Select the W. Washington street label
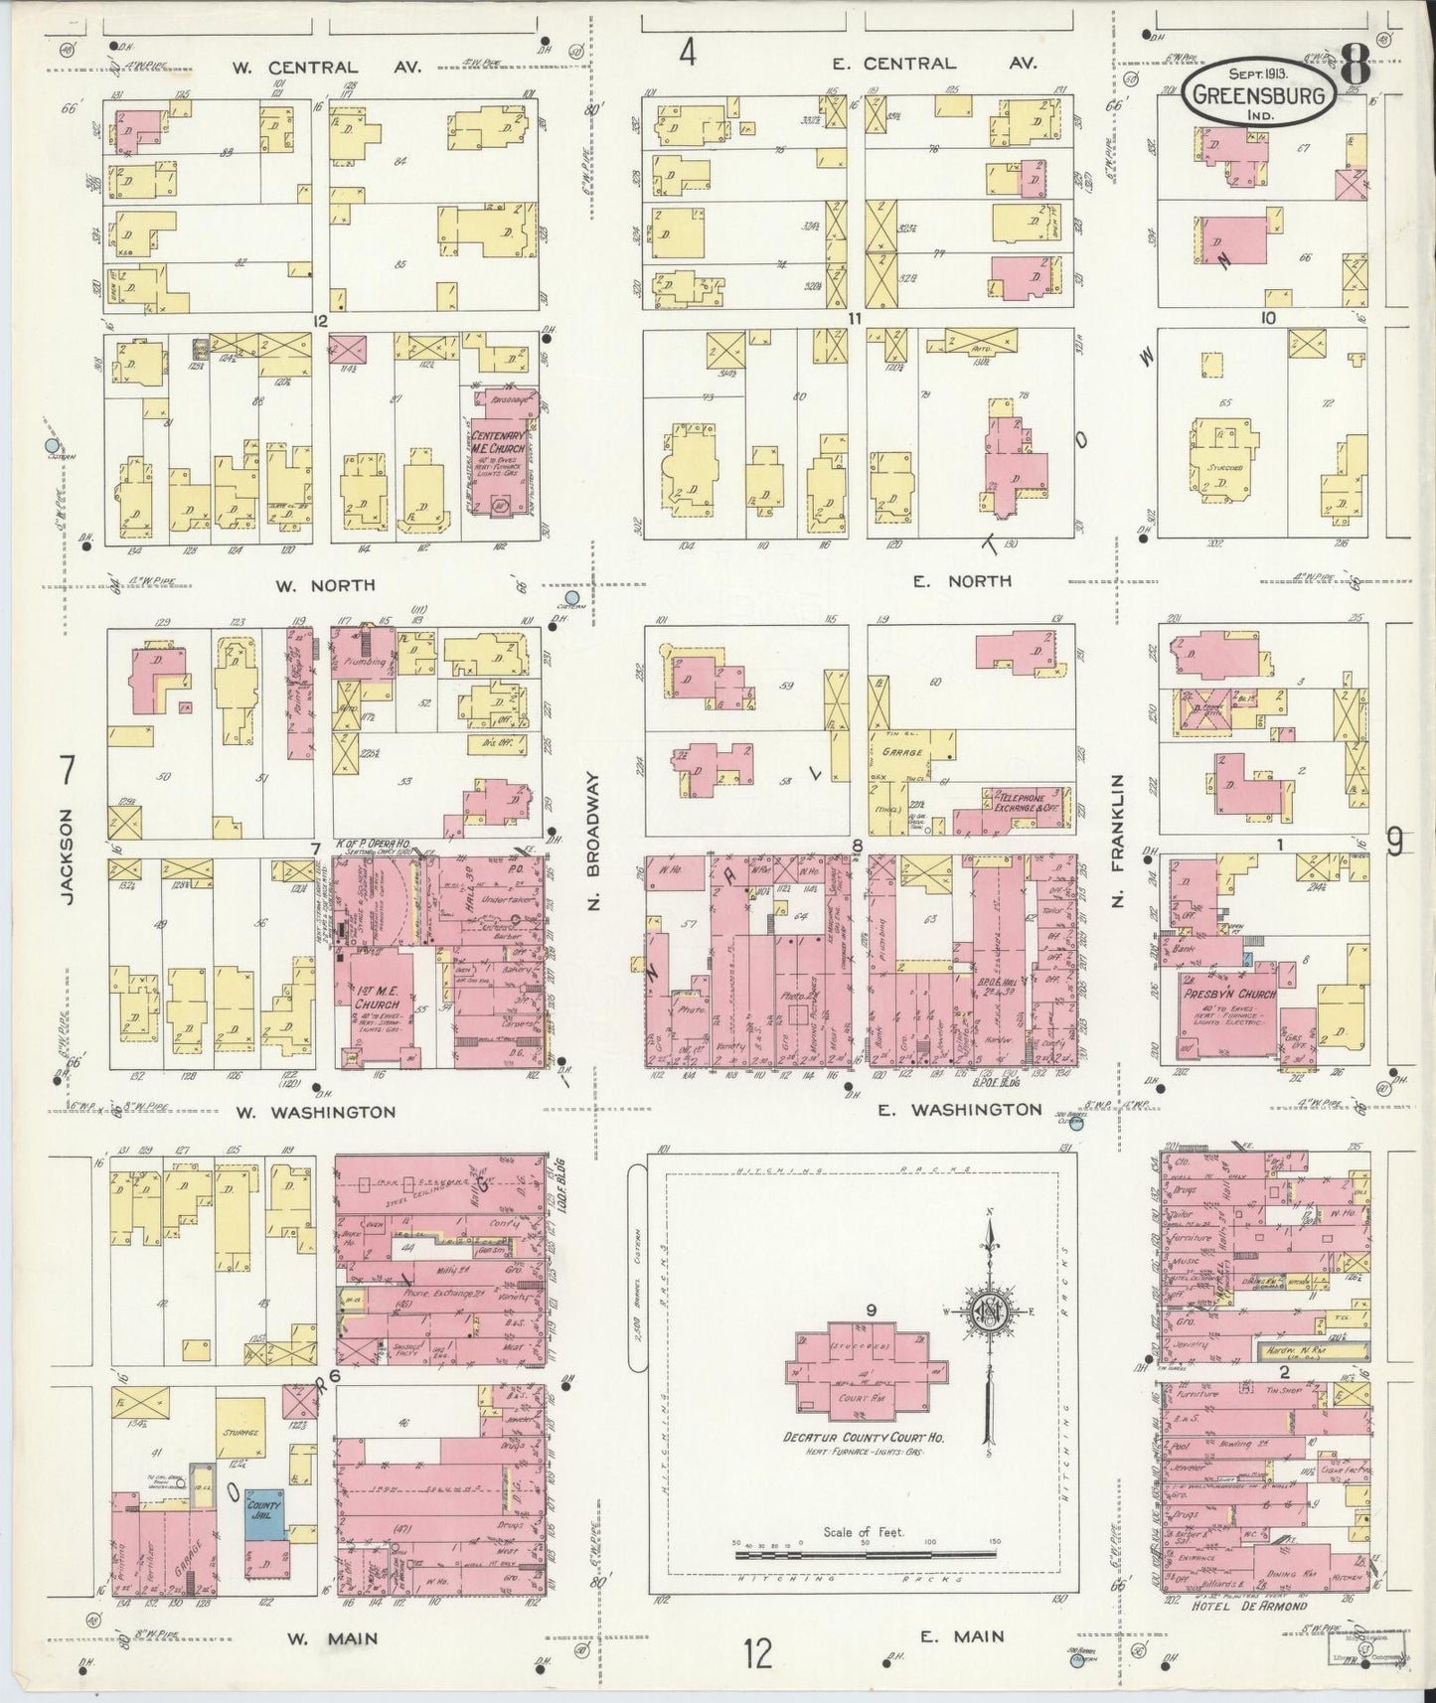[314, 1112]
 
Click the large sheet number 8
[1356, 70]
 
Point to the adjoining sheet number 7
[68, 770]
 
